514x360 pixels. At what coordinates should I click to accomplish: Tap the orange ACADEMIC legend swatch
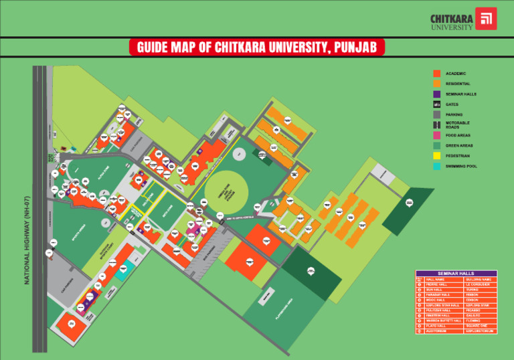(x=436, y=73)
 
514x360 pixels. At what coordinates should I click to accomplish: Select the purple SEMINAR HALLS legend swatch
(x=436, y=94)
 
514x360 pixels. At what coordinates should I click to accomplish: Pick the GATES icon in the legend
(x=436, y=104)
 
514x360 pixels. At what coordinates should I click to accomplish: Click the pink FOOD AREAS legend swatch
(x=436, y=135)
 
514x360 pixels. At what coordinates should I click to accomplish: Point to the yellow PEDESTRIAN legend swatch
(x=436, y=156)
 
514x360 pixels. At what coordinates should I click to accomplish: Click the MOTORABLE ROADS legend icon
(x=436, y=124)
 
